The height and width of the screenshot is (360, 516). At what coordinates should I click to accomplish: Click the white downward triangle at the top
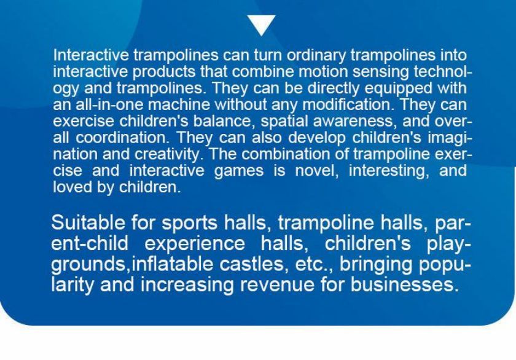(261, 25)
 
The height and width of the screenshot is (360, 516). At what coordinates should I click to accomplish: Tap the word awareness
(356, 122)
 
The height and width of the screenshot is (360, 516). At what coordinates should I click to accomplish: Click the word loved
(72, 187)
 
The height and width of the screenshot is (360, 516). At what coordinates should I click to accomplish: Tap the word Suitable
(88, 222)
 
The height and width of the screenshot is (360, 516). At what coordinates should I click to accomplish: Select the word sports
(189, 224)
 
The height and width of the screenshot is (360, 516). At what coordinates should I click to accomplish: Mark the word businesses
(404, 284)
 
